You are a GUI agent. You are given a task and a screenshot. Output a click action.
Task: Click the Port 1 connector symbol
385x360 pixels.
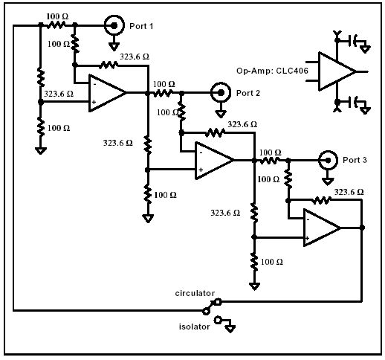114,25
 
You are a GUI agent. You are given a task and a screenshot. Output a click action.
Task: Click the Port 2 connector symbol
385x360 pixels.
221,93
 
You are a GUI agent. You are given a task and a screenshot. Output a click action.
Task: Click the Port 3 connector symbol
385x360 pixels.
328,161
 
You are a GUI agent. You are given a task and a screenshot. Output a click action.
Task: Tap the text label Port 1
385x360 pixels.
141,26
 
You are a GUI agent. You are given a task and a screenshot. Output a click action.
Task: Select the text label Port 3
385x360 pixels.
355,160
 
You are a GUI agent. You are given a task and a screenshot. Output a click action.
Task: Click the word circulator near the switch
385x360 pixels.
195,293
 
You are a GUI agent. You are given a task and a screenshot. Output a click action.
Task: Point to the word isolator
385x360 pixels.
194,327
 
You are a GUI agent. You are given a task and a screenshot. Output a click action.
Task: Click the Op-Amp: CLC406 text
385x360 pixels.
272,71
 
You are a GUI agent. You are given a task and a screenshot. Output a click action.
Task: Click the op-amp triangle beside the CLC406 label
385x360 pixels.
337,71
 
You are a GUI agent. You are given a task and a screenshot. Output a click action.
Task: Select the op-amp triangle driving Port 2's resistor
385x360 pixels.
107,93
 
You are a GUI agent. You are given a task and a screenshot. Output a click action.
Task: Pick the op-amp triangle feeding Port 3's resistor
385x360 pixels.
214,161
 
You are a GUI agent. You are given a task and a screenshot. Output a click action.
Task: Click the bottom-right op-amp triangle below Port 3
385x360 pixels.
322,228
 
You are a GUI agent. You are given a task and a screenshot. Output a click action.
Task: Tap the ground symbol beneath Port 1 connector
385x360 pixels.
114,46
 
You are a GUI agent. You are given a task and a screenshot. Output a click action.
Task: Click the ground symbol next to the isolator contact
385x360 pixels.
230,329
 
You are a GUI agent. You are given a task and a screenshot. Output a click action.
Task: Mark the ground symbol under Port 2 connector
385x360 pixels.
221,114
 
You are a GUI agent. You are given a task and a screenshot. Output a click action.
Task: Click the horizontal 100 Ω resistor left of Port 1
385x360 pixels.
56,25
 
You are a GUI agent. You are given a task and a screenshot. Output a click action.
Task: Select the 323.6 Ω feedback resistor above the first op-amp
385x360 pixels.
109,65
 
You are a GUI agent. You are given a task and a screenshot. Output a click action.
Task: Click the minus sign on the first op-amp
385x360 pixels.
94,84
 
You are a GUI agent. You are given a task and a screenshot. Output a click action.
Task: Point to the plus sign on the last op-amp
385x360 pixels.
307,238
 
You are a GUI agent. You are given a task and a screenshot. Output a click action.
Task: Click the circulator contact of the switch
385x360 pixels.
218,302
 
